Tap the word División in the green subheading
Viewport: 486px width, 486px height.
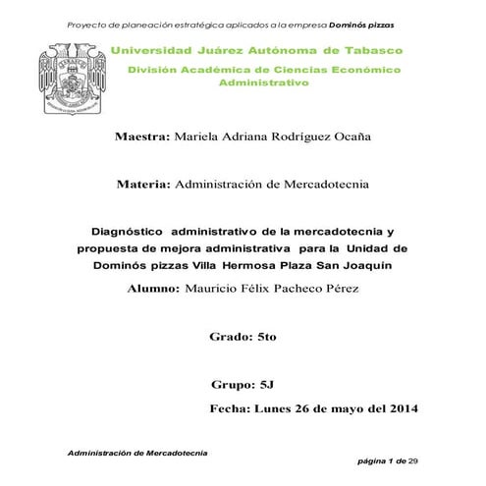tap(158, 71)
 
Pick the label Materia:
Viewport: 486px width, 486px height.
tap(143, 184)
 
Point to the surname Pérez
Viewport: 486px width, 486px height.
tap(339, 289)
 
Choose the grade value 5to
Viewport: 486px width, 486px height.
tap(266, 336)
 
